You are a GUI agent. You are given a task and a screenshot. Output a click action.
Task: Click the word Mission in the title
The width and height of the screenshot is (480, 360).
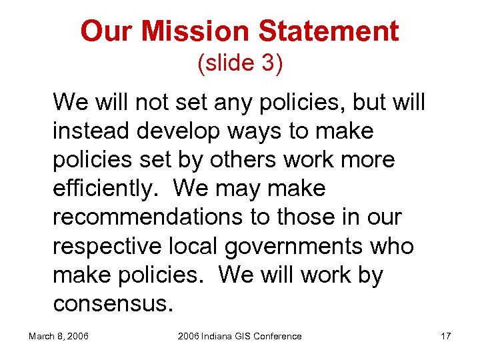[x=196, y=31]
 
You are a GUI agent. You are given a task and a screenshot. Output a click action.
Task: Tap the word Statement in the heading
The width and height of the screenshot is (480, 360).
[x=329, y=31]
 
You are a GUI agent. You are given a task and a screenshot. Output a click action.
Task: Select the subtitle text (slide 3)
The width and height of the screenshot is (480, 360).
[x=240, y=63]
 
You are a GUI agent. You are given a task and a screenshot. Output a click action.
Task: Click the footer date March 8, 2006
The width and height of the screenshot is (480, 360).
[x=59, y=336]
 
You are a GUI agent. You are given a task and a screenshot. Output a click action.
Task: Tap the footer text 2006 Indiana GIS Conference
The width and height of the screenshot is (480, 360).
[x=239, y=336]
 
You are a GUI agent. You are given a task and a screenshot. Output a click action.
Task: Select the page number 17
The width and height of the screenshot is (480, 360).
[x=445, y=336]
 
